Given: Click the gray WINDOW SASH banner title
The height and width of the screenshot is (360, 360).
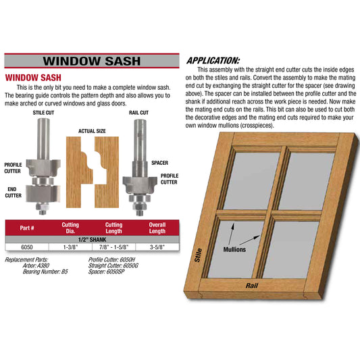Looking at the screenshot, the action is point(92,61).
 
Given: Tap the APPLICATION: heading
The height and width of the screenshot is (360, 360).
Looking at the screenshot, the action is point(213,61).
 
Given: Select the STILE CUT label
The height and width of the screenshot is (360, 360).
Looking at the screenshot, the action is point(43,113).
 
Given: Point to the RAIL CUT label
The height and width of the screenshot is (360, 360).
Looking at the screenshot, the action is point(138,113).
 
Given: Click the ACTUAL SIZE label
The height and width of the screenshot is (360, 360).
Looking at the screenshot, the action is point(92,131).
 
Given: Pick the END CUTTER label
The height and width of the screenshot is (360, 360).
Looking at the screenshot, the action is point(13,192).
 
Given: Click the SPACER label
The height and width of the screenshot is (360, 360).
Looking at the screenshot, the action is point(160,163).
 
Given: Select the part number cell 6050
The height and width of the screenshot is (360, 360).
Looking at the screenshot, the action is point(27,247).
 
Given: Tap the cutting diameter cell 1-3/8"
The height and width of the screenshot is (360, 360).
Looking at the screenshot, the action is point(70,247).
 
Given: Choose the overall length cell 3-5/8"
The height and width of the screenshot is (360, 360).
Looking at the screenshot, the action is point(157,247).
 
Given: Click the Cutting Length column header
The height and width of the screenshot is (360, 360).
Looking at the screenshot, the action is point(113,228).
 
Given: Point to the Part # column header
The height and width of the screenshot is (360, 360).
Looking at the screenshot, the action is point(27,228).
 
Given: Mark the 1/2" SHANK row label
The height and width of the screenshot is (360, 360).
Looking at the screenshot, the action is point(92,240).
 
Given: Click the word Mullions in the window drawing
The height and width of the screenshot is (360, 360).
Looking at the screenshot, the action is point(234,249).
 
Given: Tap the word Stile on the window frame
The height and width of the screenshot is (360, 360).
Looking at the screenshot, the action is point(199,255).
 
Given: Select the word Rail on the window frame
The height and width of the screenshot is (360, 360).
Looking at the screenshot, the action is point(252,286).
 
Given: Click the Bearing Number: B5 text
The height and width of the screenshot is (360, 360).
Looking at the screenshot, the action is point(45,272).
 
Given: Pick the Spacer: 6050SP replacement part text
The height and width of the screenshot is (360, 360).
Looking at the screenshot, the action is point(106,272).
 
